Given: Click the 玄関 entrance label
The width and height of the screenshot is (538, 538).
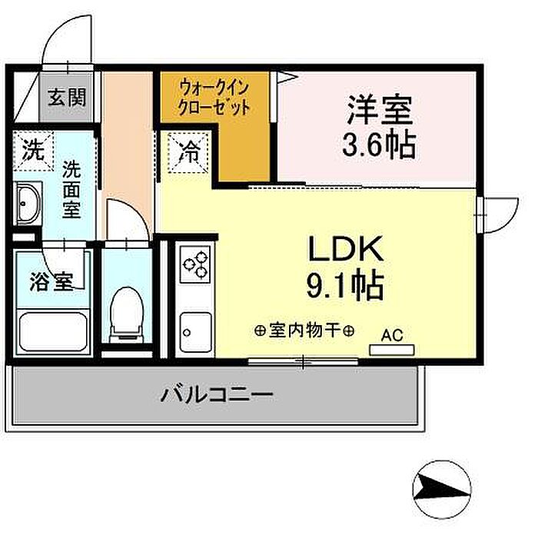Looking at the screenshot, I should pos(67,97).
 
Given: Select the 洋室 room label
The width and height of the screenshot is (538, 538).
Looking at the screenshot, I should pos(380,110).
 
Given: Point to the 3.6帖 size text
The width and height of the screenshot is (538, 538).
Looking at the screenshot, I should pos(380,144).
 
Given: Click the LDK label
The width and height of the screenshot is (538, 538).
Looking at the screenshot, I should pos(345,250).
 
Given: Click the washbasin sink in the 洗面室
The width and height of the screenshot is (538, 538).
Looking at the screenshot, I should pos(28,205).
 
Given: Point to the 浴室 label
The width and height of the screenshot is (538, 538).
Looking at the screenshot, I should pos(52,281).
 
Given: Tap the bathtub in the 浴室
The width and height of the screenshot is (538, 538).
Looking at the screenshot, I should pos(51,330).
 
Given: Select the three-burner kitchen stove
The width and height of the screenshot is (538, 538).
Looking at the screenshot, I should pos(195,265).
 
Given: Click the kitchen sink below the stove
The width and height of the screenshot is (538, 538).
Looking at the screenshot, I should pos(194,331).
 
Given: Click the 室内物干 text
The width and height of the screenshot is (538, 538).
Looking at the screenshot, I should pos(304,331).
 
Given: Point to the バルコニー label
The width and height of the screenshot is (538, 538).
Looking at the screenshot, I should pos(217,397).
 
